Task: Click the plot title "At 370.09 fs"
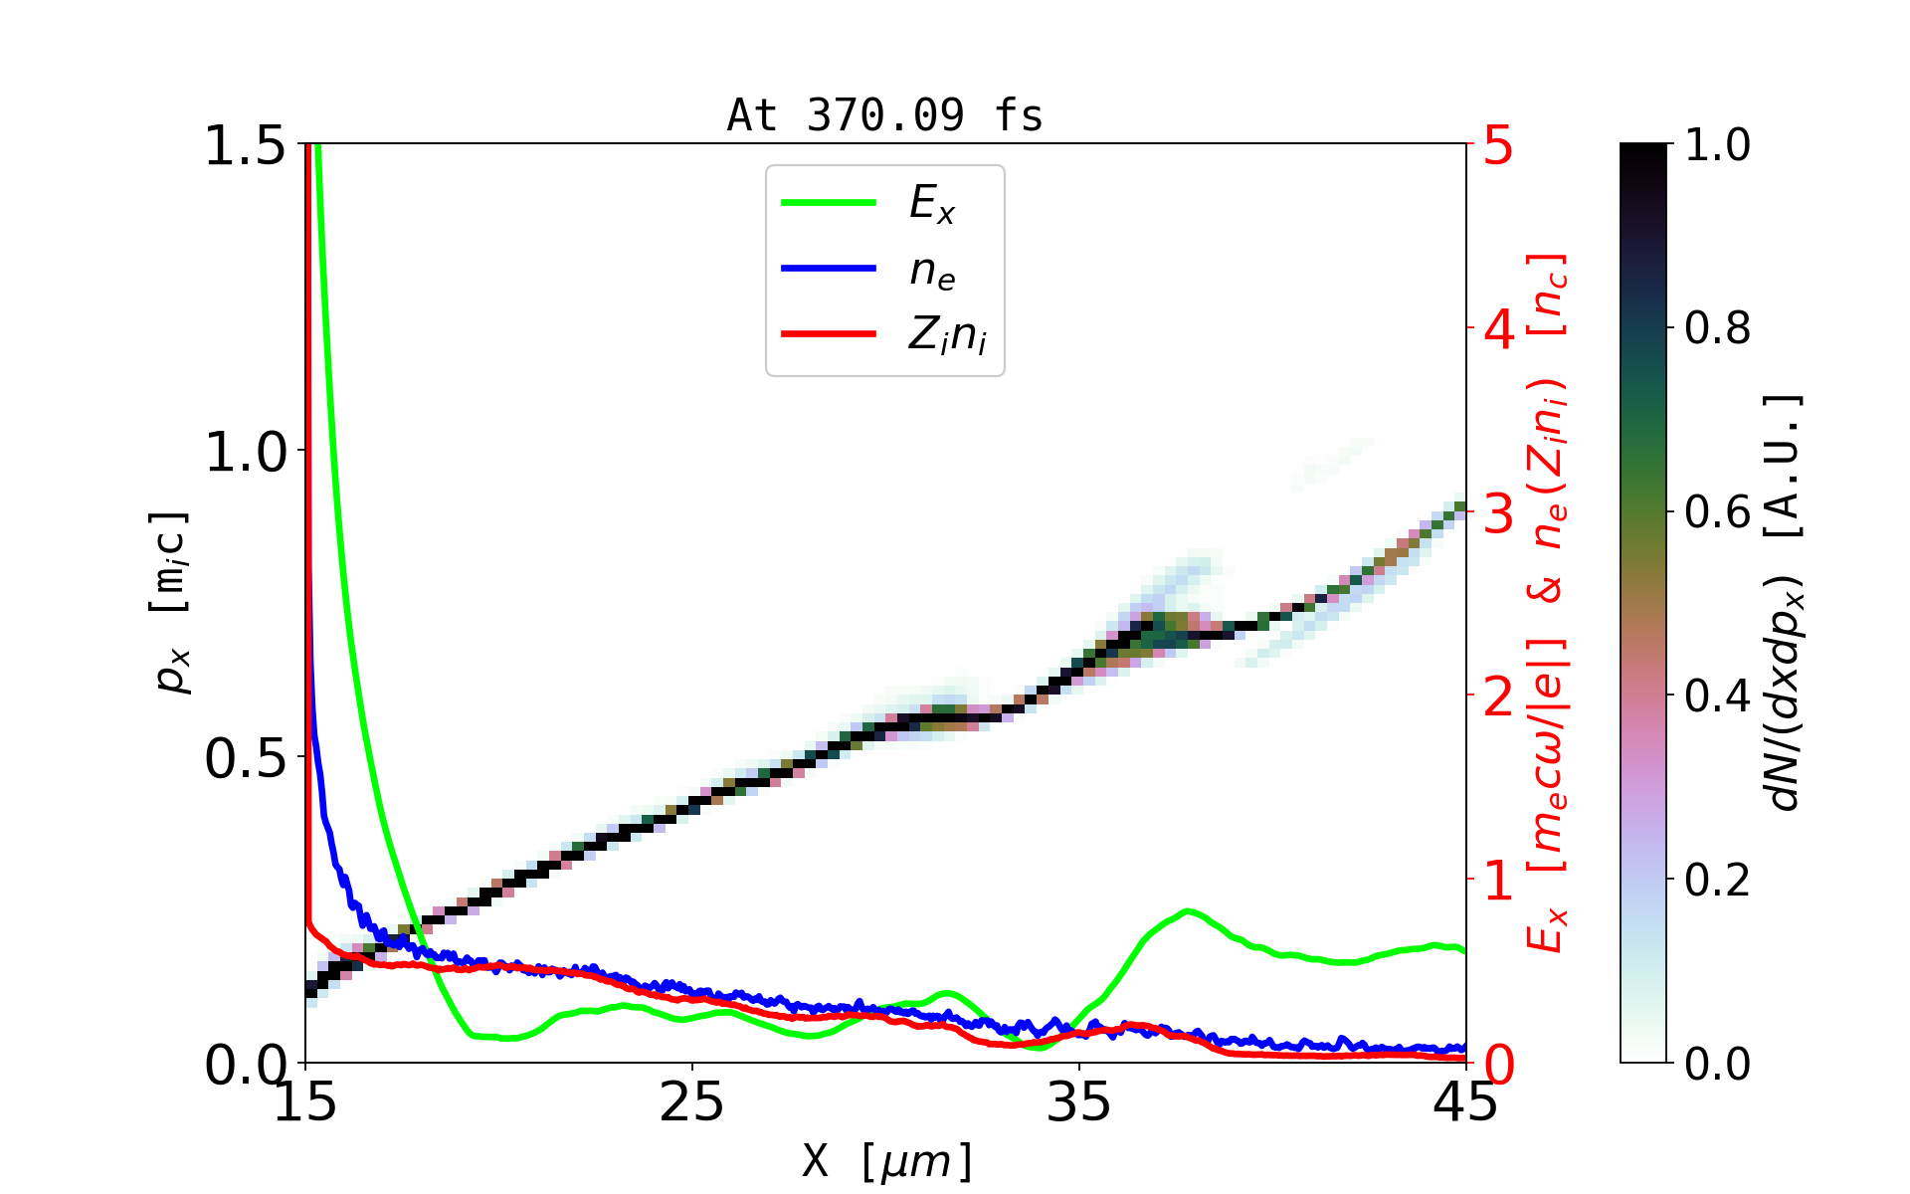884,115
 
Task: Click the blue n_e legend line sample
829,269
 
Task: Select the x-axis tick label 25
691,1102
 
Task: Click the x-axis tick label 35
1079,1102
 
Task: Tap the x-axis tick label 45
1466,1102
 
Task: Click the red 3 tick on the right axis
1499,513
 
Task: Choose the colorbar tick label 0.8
1717,328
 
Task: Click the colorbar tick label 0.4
1717,696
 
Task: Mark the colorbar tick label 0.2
1717,880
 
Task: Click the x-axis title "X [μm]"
887,1160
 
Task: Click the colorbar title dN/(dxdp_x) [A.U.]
1786,603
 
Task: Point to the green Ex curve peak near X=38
1187,910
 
